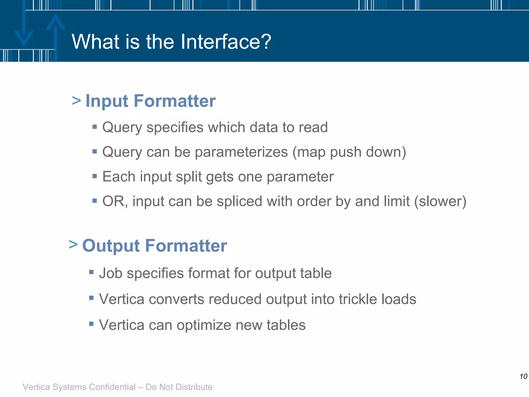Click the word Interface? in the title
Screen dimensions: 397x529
[226, 42]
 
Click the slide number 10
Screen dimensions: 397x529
[523, 376]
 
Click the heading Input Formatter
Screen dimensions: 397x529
[150, 101]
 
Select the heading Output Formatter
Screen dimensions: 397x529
[154, 246]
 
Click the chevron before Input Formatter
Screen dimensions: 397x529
[76, 101]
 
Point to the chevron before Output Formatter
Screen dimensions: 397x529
[73, 244]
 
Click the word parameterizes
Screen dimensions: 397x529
[241, 152]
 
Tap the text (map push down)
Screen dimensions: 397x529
[349, 152]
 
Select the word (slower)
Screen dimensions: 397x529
[440, 201]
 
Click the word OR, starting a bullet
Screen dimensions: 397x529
[115, 201]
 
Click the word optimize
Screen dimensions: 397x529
[204, 325]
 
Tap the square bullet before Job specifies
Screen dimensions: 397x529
[91, 272]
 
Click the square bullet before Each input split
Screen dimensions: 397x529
[95, 176]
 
